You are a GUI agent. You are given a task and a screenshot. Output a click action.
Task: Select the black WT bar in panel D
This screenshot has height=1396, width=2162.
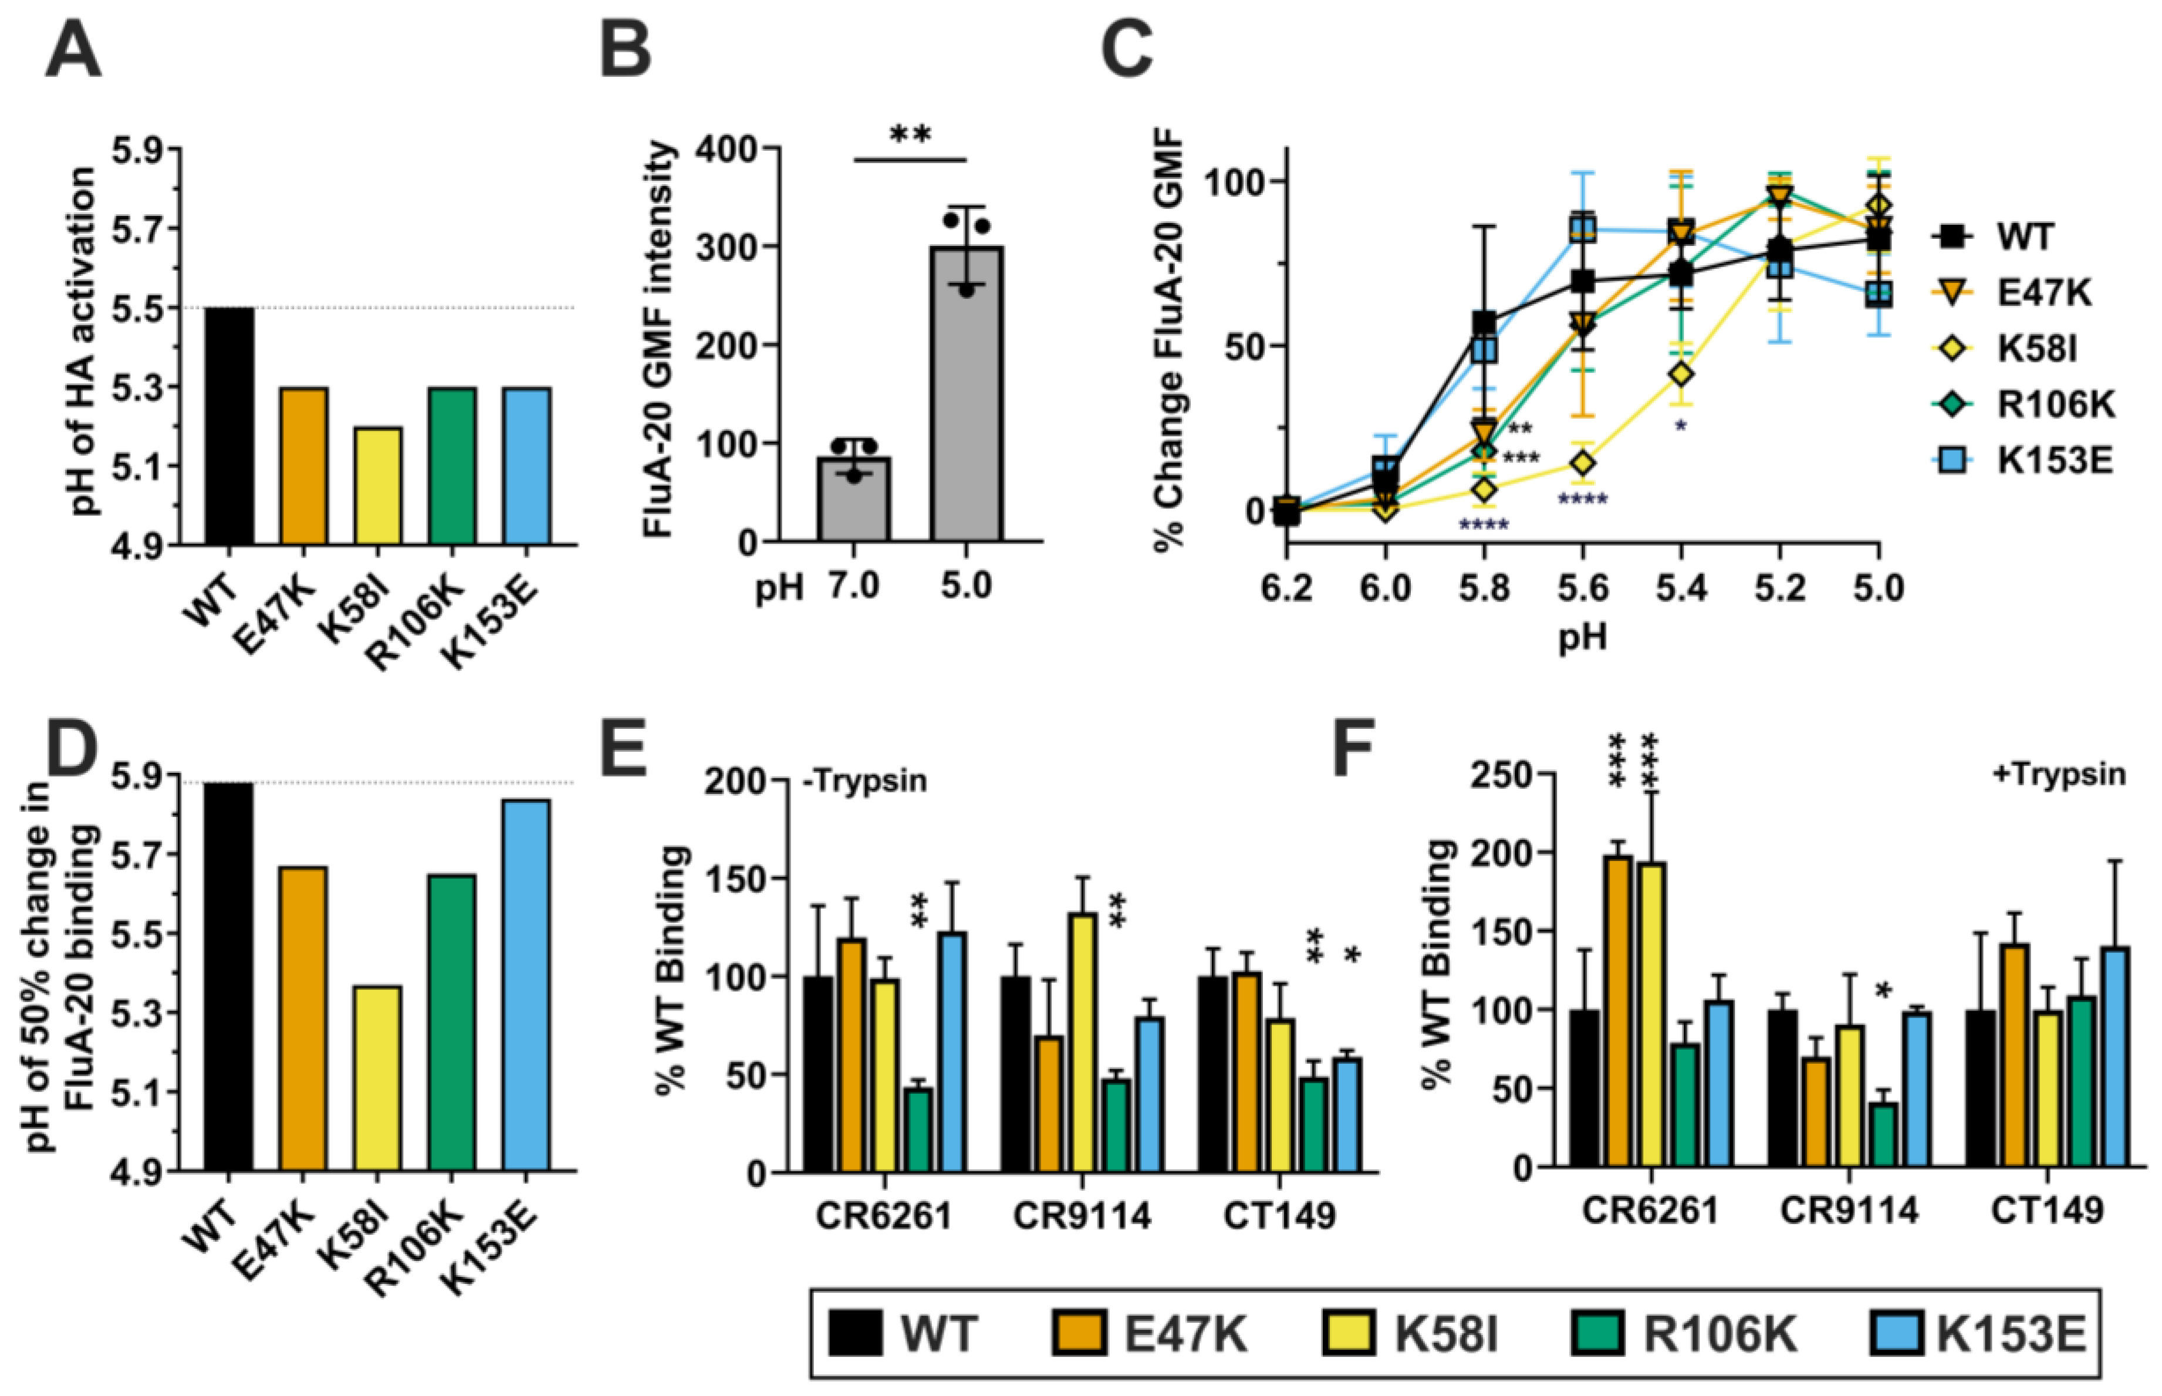pos(228,976)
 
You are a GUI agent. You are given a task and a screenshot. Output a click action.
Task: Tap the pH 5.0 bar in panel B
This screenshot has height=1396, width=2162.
pos(965,394)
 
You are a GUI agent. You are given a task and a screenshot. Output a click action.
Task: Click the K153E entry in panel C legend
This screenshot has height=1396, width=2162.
pos(2024,461)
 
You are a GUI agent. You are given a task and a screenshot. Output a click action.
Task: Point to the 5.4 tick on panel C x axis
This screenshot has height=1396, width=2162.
pos(1681,589)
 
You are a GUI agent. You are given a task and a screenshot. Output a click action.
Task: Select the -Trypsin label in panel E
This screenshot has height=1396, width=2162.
pos(866,780)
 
